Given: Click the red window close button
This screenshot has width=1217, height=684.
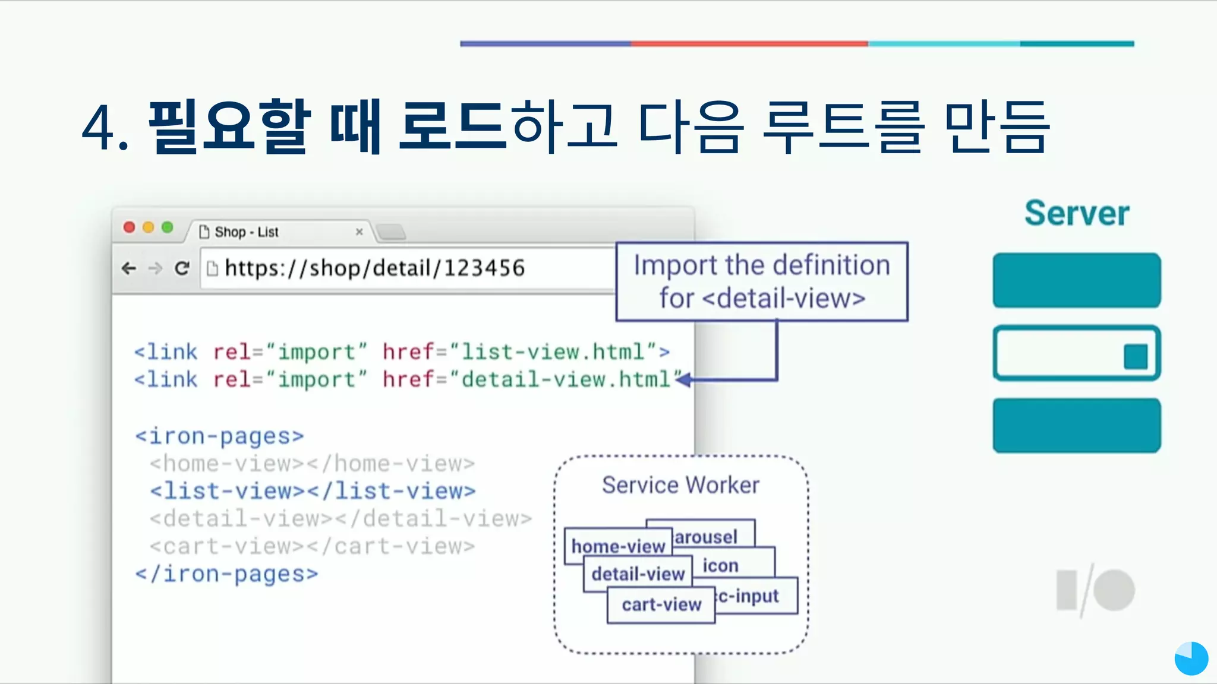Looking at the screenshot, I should [129, 227].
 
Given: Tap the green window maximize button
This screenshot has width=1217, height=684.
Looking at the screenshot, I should [168, 227].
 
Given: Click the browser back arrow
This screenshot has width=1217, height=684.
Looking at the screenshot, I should [128, 268].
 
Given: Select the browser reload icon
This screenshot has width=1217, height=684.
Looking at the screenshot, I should [182, 268].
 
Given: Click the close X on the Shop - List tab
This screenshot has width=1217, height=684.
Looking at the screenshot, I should [359, 232].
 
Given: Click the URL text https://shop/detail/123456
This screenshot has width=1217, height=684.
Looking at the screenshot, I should [374, 268].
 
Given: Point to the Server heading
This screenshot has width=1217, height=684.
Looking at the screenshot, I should [1076, 213].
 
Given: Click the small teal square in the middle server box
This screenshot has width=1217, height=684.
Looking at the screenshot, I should [1135, 357].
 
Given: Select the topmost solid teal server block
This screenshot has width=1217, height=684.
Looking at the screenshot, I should [1076, 280].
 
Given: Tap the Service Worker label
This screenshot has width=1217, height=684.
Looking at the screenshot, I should [680, 485].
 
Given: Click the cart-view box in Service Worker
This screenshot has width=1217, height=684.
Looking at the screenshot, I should [661, 605].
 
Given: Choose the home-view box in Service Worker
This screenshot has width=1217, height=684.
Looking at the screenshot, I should [617, 546].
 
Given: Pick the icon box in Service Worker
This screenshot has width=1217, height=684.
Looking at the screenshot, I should [720, 566].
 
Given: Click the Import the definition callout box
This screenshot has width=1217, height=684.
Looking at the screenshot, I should [762, 281].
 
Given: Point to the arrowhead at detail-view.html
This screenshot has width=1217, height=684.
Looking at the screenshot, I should [684, 379].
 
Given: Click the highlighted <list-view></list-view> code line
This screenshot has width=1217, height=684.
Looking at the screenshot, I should [313, 491].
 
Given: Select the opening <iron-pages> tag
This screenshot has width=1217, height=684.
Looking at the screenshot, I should [219, 436].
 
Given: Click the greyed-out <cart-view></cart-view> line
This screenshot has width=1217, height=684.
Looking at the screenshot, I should [312, 546].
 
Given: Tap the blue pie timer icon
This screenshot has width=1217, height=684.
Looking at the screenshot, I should [1191, 658].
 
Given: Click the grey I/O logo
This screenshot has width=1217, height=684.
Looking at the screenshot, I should [1095, 590].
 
